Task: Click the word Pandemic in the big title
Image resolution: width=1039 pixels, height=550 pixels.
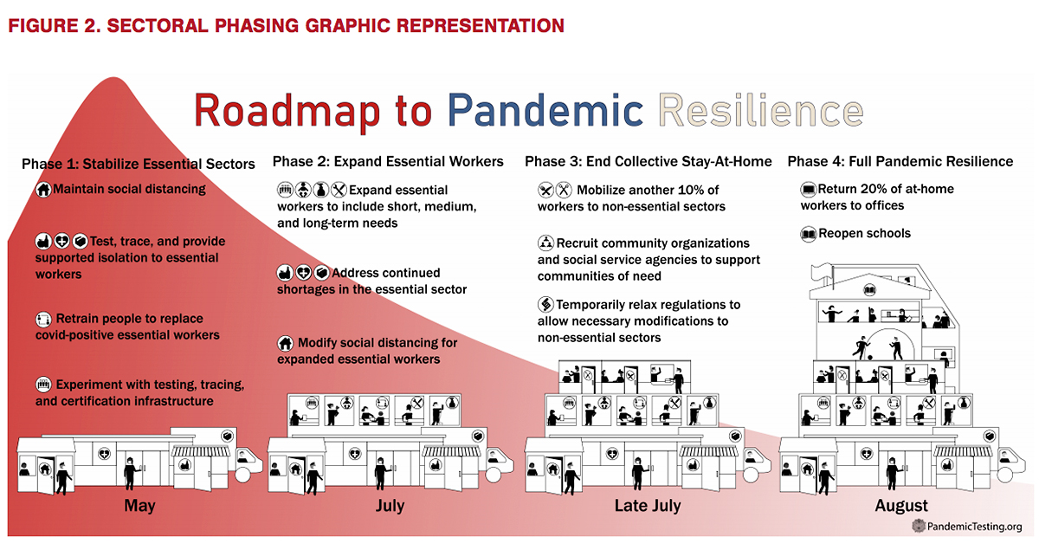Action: (545, 111)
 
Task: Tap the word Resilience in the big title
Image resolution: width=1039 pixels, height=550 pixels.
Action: (760, 111)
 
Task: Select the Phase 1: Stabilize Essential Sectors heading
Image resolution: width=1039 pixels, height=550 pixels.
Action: (139, 164)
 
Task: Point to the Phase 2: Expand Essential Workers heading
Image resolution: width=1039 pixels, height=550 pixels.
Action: (387, 161)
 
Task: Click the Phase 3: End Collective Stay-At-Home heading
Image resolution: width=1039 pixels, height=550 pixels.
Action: (648, 161)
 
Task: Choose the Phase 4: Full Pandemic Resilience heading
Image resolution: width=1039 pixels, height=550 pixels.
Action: (900, 161)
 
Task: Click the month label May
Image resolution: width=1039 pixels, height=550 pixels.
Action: (139, 506)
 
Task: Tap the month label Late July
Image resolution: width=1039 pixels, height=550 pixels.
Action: (648, 506)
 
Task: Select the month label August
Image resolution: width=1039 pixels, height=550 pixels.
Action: (901, 506)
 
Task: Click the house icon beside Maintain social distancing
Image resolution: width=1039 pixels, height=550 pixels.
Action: (43, 190)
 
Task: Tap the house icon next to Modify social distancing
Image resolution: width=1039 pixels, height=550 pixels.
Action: (285, 343)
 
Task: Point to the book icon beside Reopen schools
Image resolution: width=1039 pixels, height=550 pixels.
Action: (809, 234)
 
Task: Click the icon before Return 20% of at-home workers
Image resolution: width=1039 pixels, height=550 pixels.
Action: (809, 189)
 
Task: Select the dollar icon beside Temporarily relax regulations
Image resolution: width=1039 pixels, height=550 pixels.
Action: (545, 305)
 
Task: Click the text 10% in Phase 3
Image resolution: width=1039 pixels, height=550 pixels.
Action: (706, 190)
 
